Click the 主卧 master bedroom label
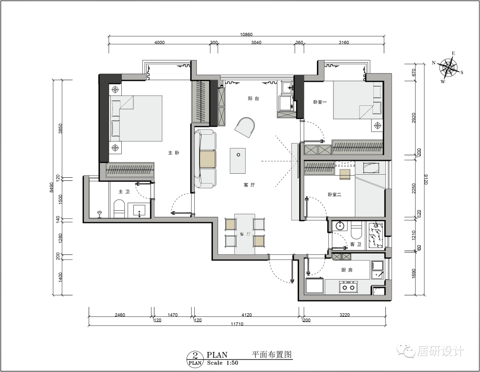pos(173,152)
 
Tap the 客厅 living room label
pos(249,185)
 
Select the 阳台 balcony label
pos(253,99)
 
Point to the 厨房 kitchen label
pos(347,270)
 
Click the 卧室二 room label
pos(334,194)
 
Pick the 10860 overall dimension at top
pos(246,35)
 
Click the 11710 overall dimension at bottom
pos(237,324)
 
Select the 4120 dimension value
pos(246,315)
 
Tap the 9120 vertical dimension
pos(426,180)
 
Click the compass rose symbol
pos(448,67)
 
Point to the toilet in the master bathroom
pos(119,209)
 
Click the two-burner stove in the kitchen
pos(348,287)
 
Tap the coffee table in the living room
pos(238,160)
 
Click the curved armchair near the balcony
pos(245,128)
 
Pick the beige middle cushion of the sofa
pos(208,159)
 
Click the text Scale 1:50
pos(223,363)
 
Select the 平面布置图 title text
pos(272,355)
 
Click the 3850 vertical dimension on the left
pos(60,129)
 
